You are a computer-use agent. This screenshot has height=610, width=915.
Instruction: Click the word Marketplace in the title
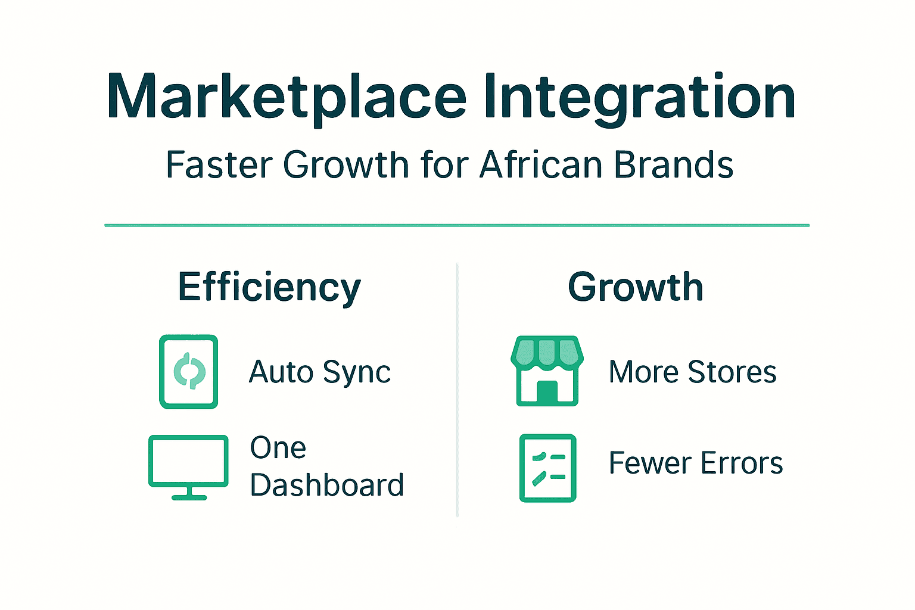coord(286,97)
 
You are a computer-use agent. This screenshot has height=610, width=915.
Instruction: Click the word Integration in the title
coord(639,97)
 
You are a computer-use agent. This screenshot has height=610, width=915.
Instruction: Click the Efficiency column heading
coord(269,287)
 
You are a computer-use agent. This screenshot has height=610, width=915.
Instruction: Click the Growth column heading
coord(635,287)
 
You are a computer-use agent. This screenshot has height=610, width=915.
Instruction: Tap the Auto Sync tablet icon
coord(188,372)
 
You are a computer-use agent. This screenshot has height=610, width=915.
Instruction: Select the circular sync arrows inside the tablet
coord(189,371)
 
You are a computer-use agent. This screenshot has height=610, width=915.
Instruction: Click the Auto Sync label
coord(319,372)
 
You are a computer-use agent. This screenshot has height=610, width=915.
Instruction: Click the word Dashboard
coord(326,485)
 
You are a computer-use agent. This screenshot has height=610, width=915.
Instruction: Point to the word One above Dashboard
coord(278,447)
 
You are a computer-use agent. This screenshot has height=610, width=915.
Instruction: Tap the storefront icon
coord(547,371)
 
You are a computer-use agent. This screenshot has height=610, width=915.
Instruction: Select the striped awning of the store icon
coord(547,351)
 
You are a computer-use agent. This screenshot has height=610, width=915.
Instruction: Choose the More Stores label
coord(692,372)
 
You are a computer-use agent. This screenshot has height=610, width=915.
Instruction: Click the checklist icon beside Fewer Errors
coord(547,468)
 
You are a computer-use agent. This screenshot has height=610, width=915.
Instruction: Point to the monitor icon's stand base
coord(189,497)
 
